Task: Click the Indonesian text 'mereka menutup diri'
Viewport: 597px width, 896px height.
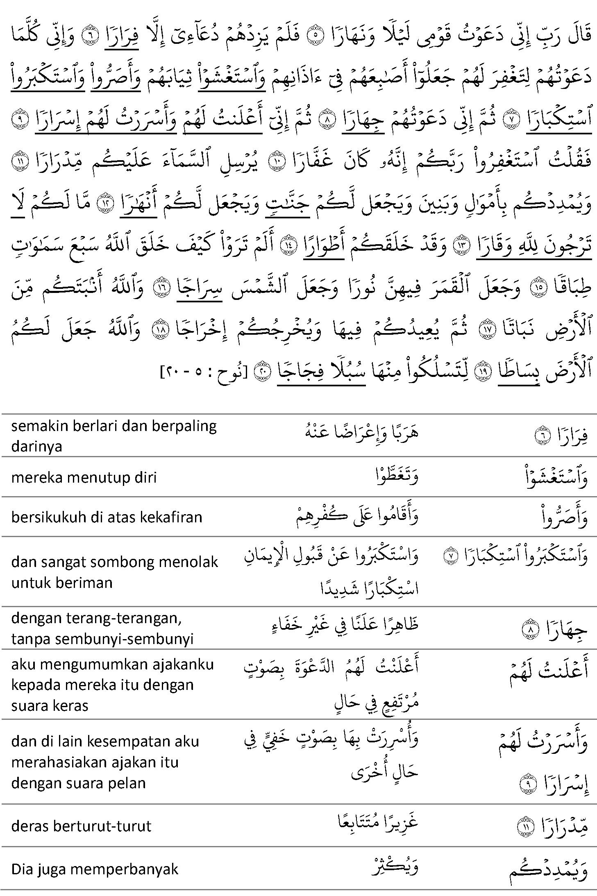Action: (84, 478)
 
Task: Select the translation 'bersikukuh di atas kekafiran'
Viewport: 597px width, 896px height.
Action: (107, 517)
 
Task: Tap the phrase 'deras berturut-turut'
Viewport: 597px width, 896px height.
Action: (81, 826)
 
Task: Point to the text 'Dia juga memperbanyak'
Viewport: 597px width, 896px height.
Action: (95, 869)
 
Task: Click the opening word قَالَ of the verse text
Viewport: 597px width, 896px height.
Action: (578, 35)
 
